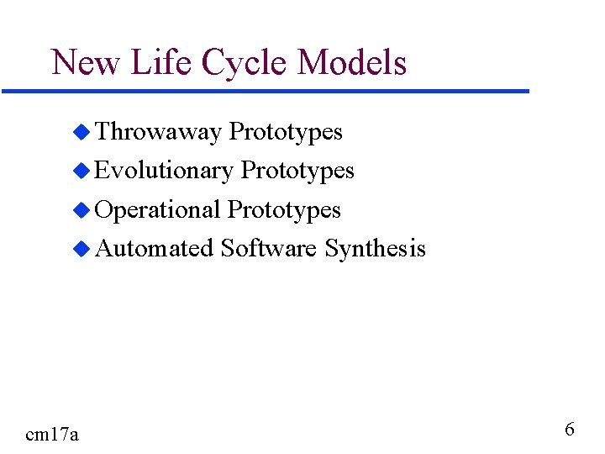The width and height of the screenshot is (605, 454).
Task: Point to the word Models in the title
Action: coord(352,63)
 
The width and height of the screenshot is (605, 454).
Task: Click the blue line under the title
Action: coord(265,91)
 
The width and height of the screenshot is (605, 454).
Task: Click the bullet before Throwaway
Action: coord(81,132)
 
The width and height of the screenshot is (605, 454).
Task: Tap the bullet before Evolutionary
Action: coord(81,171)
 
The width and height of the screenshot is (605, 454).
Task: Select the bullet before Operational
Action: coord(81,210)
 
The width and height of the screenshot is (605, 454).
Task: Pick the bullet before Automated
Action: coord(81,249)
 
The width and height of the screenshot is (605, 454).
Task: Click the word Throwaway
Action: coord(158,132)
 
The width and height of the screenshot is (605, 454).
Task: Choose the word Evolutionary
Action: coord(164,172)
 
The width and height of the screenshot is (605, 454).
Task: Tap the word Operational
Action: coord(158,210)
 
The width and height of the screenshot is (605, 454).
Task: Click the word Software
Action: coord(268,249)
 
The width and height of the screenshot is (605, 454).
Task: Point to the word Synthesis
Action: coord(375,250)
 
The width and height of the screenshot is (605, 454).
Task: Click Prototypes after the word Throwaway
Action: coord(286,132)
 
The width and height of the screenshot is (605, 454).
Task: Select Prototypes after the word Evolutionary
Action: coord(297,172)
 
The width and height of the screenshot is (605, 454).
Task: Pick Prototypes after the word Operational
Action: coord(284,210)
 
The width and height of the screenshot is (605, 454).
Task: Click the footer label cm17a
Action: coord(52,434)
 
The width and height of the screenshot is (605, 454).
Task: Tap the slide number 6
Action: coord(570,430)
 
